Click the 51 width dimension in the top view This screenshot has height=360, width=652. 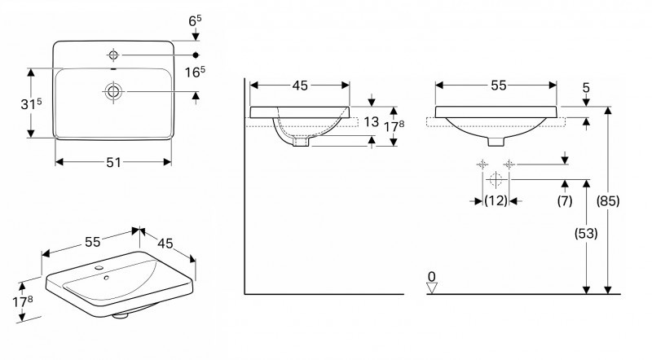(113, 162)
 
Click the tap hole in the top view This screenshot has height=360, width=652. (113, 55)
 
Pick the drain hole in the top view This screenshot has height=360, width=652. (113, 91)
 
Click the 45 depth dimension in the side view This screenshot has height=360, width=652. (300, 84)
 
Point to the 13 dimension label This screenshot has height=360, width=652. (371, 122)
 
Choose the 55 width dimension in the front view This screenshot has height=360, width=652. (496, 84)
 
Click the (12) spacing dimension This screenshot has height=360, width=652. (496, 200)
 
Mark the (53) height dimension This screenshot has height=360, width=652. (586, 234)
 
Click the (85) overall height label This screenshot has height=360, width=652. (608, 200)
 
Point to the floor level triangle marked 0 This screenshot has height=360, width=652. (432, 284)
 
